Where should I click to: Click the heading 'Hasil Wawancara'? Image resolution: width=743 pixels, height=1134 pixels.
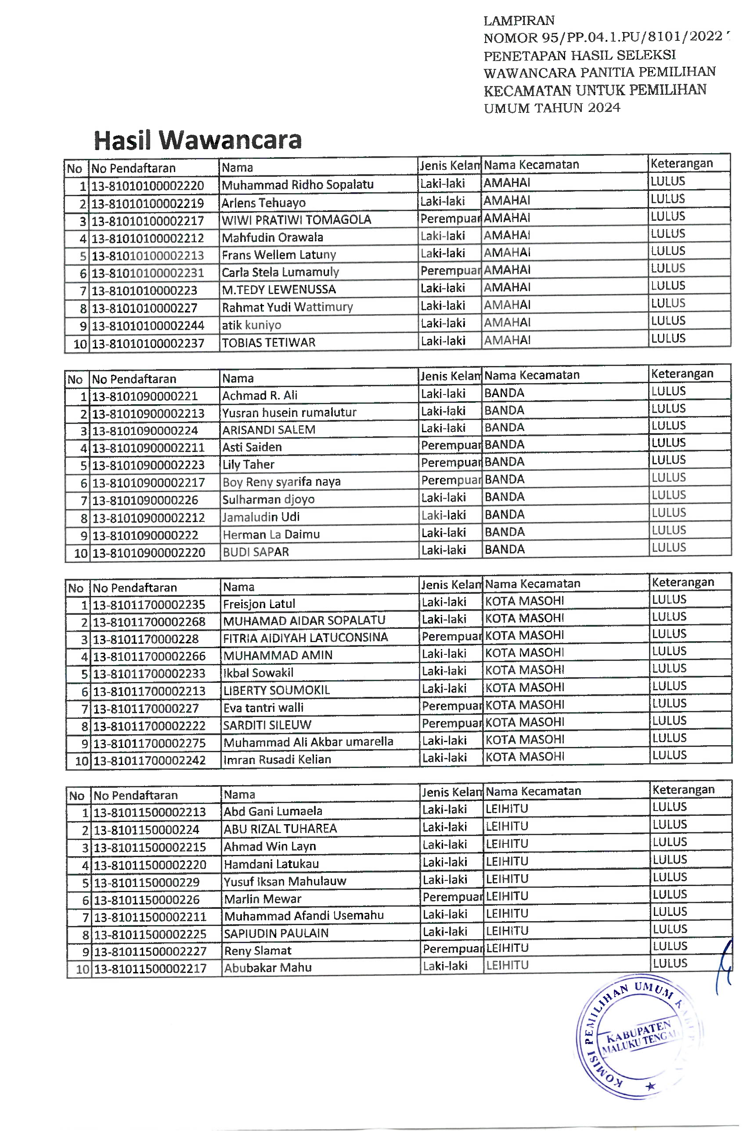pos(198,140)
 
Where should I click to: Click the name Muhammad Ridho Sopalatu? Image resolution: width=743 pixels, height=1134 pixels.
pos(298,184)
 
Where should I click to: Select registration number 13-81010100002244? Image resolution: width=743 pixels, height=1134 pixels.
pos(148,326)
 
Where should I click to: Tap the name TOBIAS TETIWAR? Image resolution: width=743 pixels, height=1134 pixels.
pos(268,343)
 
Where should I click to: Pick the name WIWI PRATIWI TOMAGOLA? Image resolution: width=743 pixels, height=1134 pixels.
pos(296,220)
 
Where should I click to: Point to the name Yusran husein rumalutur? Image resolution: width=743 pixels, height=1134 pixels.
pos(289,413)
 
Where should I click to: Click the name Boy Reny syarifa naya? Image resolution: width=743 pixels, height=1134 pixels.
pos(281,482)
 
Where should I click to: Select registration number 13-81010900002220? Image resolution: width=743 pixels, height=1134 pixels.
pos(149,553)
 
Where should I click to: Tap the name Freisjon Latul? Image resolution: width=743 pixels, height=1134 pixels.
pos(259,604)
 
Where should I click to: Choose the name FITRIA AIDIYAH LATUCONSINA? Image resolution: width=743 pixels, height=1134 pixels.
pos(305,638)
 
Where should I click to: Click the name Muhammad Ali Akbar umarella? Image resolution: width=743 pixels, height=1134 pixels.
pos(308,742)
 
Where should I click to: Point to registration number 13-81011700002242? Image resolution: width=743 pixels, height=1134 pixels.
pos(149,760)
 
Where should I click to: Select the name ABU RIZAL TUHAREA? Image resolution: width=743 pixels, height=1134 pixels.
pos(281,829)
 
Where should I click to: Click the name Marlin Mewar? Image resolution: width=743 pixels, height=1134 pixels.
pos(263,899)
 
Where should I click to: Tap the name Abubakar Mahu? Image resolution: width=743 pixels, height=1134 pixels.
pos(268,968)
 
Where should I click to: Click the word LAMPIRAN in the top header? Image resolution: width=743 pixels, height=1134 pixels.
pos(519,21)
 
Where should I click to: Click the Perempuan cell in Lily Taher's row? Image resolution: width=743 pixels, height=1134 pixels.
pos(451,463)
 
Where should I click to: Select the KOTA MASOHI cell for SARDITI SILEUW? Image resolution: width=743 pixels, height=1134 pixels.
pos(525,722)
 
